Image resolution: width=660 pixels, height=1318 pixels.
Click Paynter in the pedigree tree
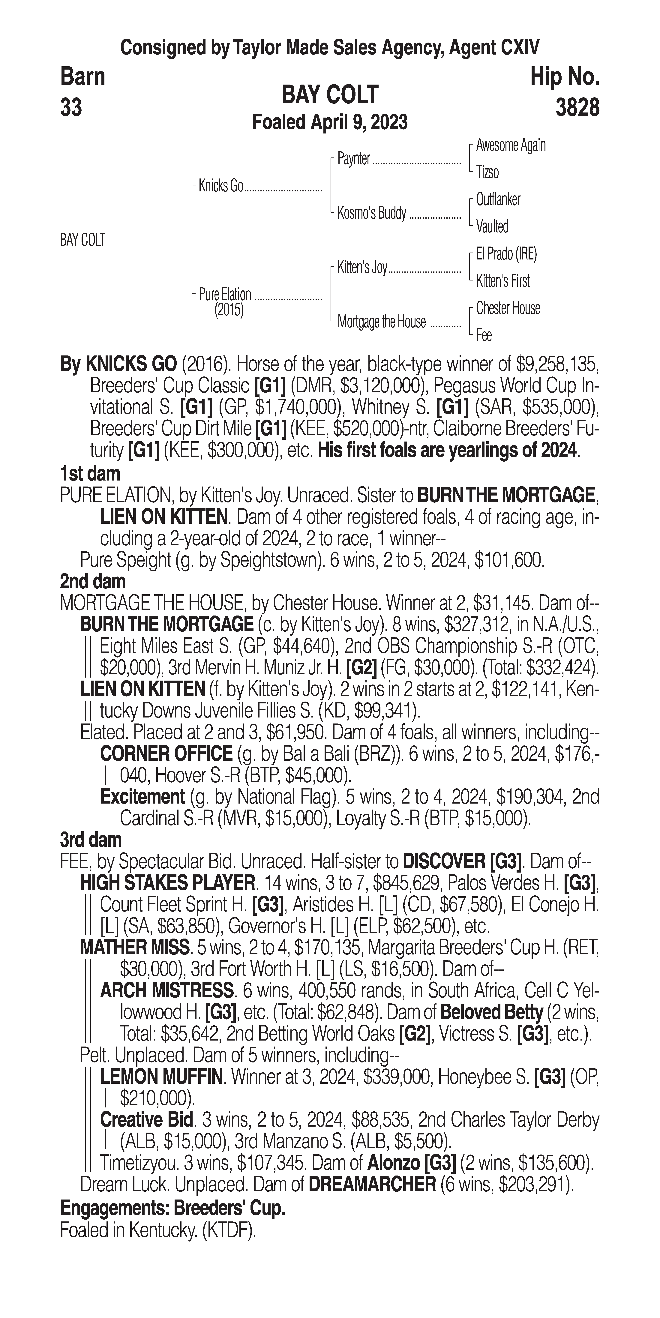[354, 159]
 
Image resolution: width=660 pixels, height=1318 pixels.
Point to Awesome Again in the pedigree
[511, 145]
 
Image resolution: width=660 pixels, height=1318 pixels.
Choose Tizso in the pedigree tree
[487, 172]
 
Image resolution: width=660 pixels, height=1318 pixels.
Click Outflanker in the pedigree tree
[498, 199]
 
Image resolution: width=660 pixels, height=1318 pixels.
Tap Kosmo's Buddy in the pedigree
[371, 213]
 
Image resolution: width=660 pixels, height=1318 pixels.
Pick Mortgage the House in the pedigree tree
[381, 322]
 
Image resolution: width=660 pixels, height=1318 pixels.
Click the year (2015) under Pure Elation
[229, 310]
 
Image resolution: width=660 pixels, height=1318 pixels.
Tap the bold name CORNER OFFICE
[166, 754]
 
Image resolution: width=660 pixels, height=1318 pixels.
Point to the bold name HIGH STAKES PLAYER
[167, 883]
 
